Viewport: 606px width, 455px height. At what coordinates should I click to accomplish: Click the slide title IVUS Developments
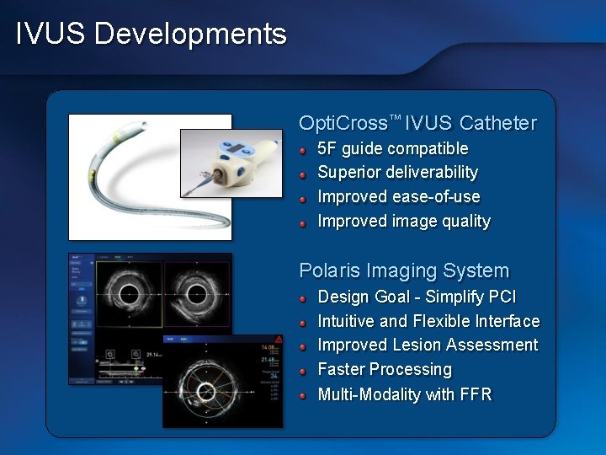point(151,34)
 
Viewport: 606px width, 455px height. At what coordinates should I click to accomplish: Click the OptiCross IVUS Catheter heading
point(417,123)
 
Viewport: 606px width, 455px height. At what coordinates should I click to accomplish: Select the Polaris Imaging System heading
point(404,270)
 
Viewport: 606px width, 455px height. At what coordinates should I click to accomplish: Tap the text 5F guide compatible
point(392,148)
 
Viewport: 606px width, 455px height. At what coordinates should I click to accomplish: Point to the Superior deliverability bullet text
point(397,173)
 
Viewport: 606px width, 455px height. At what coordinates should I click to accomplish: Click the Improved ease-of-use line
point(398,197)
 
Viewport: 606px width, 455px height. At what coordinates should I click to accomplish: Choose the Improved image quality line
point(403,222)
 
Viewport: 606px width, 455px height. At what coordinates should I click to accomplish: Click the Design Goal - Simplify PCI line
point(417,297)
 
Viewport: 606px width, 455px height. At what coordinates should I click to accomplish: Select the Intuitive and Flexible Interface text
point(428,321)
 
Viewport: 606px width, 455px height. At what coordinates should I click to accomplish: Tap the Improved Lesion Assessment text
point(428,345)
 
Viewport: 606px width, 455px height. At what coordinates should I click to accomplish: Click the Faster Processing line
point(385,370)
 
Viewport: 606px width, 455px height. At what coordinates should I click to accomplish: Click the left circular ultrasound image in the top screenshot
point(129,294)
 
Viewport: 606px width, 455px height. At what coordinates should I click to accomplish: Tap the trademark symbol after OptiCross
point(395,118)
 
